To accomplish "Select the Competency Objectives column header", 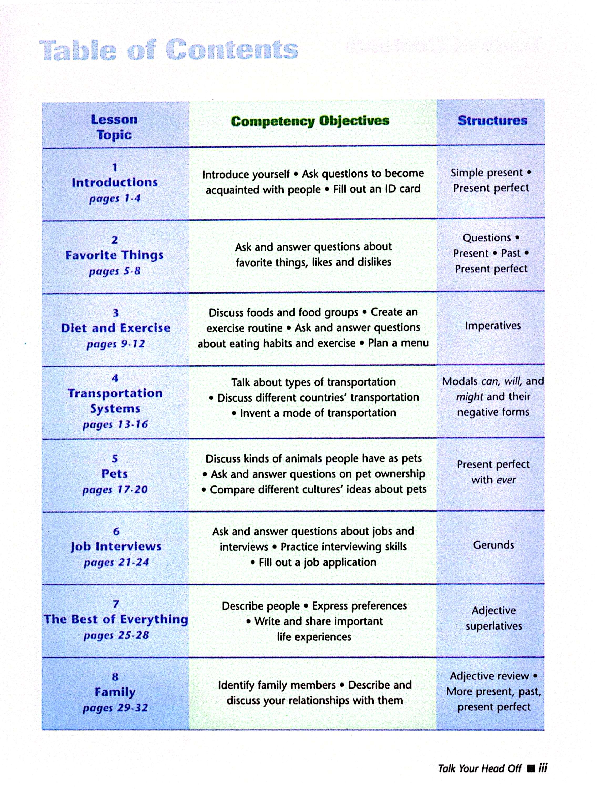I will (310, 121).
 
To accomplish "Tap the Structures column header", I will (493, 120).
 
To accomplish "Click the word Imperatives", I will (493, 326).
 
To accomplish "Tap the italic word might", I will (469, 397).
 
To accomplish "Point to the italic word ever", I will (506, 480).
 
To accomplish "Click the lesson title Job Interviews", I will (116, 547).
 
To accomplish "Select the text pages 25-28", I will (116, 635).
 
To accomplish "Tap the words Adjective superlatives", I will (494, 618).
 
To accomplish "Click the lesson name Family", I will (115, 692).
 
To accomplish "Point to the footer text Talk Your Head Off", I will (480, 768).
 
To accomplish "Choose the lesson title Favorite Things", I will (114, 255).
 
